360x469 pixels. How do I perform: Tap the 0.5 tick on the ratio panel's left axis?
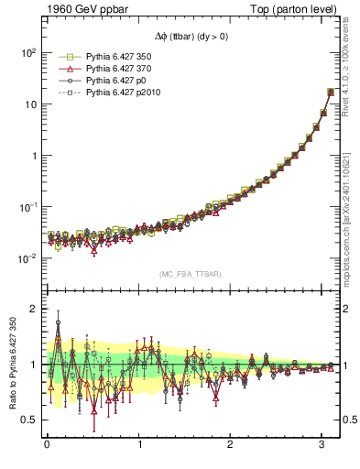point(28,420)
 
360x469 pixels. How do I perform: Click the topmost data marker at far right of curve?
point(331,92)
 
